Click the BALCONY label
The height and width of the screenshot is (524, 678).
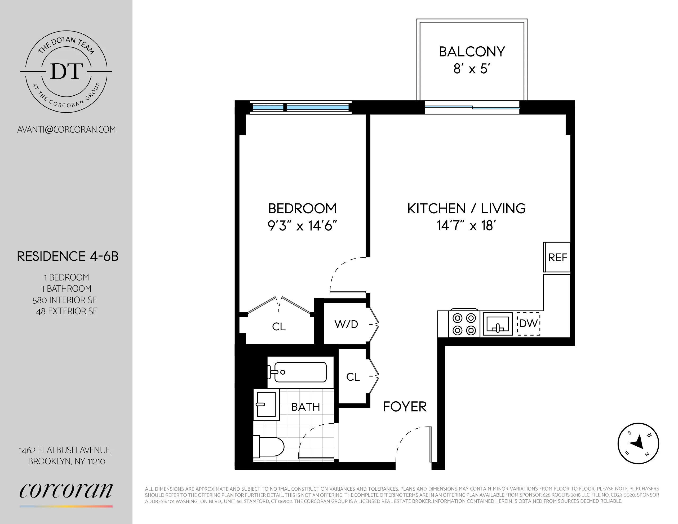click(x=472, y=52)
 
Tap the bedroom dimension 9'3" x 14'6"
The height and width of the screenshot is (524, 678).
click(x=302, y=226)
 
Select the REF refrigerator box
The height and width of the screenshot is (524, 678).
click(x=557, y=257)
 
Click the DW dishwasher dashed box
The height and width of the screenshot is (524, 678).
click(x=528, y=324)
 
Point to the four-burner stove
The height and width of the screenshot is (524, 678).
click(x=464, y=324)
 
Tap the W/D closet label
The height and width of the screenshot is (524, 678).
click(x=346, y=324)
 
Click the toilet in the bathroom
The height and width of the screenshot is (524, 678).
click(x=269, y=447)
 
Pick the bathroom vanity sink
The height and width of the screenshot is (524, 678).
click(x=266, y=404)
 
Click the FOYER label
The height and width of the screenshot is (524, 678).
click(x=405, y=407)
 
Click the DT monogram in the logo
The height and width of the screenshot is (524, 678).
click(x=67, y=72)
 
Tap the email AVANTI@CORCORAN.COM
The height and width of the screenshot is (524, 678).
click(x=67, y=130)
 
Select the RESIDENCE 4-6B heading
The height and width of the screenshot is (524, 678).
click(x=67, y=256)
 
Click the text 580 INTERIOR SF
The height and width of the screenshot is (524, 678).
click(x=65, y=300)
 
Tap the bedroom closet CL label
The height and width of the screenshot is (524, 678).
click(x=278, y=327)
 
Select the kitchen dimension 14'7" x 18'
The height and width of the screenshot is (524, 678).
click(x=466, y=226)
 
